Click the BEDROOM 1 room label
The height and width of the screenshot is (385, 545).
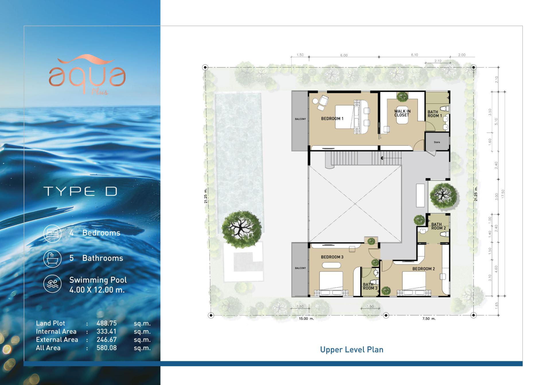click(332, 118)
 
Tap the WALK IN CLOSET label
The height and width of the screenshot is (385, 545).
click(402, 113)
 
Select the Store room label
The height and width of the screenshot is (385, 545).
click(437, 142)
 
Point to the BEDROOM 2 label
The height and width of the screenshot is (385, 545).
click(424, 269)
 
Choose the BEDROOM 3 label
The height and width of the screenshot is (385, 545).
click(332, 257)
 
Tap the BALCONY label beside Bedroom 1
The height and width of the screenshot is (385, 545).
click(300, 119)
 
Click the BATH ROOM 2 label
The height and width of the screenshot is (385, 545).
click(439, 226)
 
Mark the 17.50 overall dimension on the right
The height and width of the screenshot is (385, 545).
click(503, 194)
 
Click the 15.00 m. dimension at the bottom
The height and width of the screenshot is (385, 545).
click(306, 318)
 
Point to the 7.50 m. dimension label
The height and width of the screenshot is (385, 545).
click(429, 318)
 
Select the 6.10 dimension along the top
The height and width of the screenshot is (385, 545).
click(414, 55)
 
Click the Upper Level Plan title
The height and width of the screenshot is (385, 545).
click(352, 350)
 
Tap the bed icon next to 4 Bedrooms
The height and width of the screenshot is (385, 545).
click(52, 234)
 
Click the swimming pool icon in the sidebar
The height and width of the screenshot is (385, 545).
click(52, 284)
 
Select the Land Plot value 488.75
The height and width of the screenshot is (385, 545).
click(106, 323)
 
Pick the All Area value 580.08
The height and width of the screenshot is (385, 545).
click(106, 348)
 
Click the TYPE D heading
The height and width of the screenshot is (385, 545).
click(81, 191)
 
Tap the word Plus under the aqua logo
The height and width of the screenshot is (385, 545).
click(100, 92)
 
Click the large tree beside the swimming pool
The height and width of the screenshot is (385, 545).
click(242, 230)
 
